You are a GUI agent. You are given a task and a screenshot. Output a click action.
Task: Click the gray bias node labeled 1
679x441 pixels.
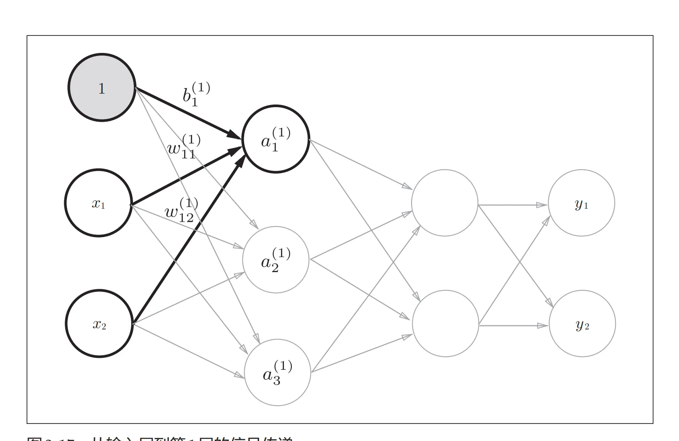click(101, 87)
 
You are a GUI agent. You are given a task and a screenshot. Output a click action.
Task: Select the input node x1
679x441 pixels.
click(98, 203)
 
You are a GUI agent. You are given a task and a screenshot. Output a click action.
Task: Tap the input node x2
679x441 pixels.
click(99, 324)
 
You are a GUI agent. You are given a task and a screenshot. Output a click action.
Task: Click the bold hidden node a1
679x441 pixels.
click(276, 139)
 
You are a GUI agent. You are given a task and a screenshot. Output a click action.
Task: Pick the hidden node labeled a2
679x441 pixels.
click(276, 260)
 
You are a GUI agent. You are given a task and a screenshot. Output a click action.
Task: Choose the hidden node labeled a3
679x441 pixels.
click(277, 373)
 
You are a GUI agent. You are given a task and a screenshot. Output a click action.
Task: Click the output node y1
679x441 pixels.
click(581, 203)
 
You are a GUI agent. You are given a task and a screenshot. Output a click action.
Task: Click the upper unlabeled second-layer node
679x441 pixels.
click(444, 203)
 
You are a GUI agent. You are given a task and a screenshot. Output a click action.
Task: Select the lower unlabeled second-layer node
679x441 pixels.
click(445, 324)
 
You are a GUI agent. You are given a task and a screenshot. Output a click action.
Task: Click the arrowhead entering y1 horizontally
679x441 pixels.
click(542, 205)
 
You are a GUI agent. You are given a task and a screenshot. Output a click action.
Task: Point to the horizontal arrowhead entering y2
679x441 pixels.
click(543, 325)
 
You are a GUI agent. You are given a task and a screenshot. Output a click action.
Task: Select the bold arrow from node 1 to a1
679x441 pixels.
click(188, 113)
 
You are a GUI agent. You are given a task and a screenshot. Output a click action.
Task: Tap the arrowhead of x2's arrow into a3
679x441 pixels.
click(239, 375)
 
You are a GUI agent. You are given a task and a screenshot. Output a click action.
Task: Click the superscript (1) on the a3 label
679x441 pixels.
click(283, 367)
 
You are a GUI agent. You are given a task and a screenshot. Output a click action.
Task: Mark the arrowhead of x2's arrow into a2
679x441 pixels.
click(239, 274)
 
